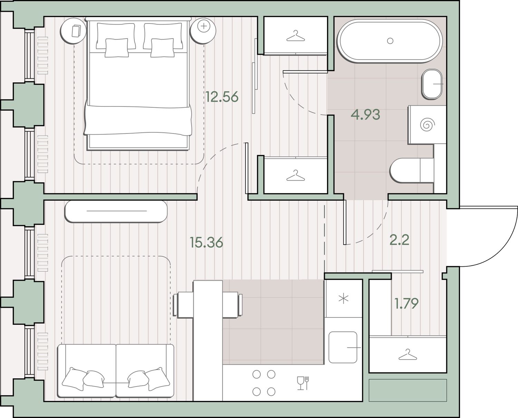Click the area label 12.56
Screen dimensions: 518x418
coord(222,97)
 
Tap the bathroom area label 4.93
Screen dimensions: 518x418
coord(365,115)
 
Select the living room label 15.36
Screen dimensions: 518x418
coord(206,243)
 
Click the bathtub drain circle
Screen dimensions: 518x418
coord(390,41)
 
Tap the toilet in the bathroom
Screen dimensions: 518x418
coord(412,170)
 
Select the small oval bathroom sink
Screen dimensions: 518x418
coord(432,84)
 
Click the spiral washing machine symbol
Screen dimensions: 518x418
coord(428,125)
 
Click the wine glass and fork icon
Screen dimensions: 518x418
coord(303,383)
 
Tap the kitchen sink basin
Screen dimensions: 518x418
coord(343,347)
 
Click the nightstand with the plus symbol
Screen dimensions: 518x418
coord(203,31)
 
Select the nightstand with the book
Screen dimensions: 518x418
coord(73,31)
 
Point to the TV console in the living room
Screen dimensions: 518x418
coord(116,211)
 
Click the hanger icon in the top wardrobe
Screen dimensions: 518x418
coord(296,36)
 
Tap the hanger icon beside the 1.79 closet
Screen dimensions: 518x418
coord(408,354)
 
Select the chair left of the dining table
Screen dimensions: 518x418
coord(183,305)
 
